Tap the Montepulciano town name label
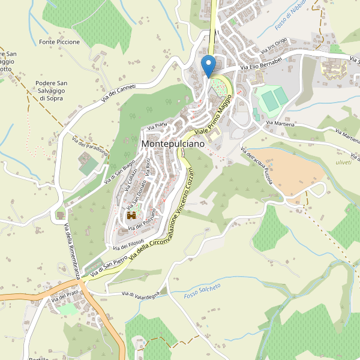(173, 145)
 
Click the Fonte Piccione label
(59, 42)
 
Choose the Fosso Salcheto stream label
(202, 291)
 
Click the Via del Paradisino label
(89, 147)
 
